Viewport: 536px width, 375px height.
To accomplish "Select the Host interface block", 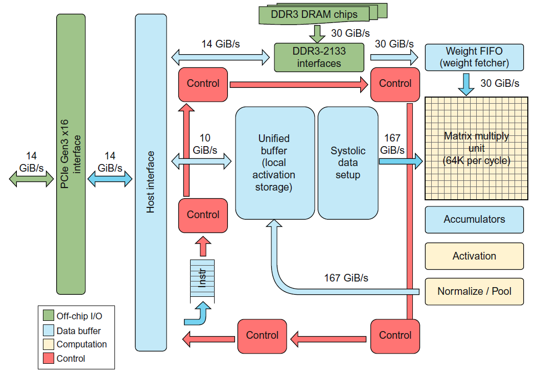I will pos(151,181).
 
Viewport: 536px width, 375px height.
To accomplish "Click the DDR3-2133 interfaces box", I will pos(319,57).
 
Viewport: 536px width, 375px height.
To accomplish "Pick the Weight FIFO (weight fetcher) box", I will pos(474,57).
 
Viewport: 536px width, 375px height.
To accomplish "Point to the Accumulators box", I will pos(474,220).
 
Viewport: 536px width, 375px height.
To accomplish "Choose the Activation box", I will pos(474,256).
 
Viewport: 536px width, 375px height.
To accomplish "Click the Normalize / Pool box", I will pos(474,292).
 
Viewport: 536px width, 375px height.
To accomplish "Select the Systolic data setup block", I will pos(348,163).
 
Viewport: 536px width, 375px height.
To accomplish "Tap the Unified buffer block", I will pos(274,163).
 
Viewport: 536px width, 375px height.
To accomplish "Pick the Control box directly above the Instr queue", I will pos(203,215).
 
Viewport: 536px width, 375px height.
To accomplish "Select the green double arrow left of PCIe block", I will pos(31,178).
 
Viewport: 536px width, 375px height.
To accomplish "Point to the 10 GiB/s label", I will pos(205,144).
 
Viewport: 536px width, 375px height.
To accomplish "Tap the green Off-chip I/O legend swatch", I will pos(49,316).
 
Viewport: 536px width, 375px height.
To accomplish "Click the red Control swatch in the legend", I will pos(49,359).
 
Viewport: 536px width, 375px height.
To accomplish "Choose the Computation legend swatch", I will pos(49,345).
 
